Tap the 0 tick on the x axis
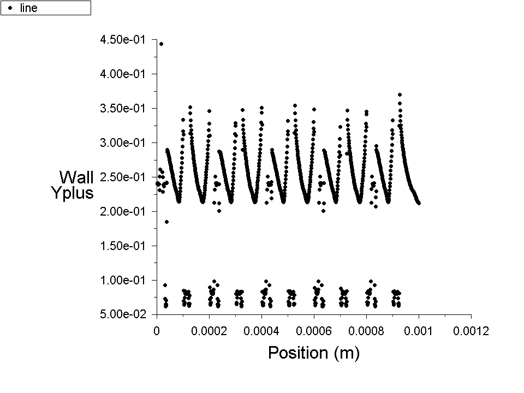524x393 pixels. [x=157, y=330]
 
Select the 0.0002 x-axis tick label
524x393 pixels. [x=209, y=330]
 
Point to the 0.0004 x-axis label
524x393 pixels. [x=261, y=330]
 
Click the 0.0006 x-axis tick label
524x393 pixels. [x=314, y=330]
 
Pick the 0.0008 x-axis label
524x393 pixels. [x=366, y=330]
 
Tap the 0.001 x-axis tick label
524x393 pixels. [x=419, y=330]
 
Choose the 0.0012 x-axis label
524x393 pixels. [x=471, y=330]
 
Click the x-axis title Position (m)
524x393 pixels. [x=314, y=353]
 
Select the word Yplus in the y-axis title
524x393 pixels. [x=72, y=193]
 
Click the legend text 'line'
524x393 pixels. [x=28, y=8]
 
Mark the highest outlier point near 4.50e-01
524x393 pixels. [x=161, y=44]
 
